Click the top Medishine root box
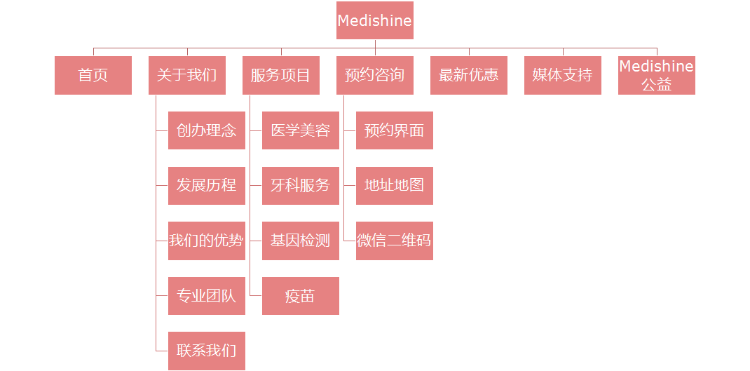[x=375, y=20]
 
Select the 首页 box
[x=93, y=75]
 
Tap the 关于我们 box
[x=187, y=75]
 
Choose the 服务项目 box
[x=281, y=75]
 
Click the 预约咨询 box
[x=375, y=75]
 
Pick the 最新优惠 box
[x=469, y=75]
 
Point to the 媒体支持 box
[x=563, y=75]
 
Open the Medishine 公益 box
[x=657, y=75]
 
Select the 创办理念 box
[x=207, y=130]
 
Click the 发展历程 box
[x=207, y=186]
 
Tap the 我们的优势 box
[x=207, y=241]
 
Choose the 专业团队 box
[x=207, y=296]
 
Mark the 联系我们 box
[x=207, y=351]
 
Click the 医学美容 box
[x=301, y=130]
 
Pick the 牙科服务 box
[x=301, y=186]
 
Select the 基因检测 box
[x=301, y=241]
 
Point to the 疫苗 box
[x=301, y=296]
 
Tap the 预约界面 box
[x=395, y=130]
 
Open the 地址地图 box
[x=395, y=186]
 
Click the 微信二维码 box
[x=395, y=241]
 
